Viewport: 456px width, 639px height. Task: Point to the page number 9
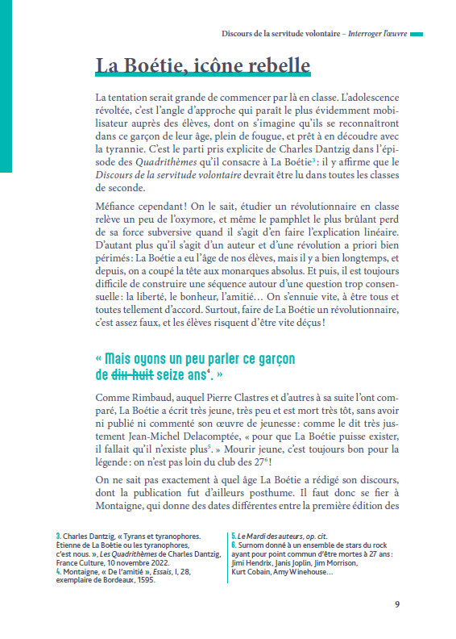[396, 604]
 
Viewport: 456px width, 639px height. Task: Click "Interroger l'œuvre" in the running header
[371, 34]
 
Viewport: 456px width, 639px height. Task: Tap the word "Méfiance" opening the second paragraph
[118, 207]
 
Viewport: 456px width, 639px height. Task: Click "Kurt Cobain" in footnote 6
[254, 572]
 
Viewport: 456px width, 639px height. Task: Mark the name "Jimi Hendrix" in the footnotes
[254, 563]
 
